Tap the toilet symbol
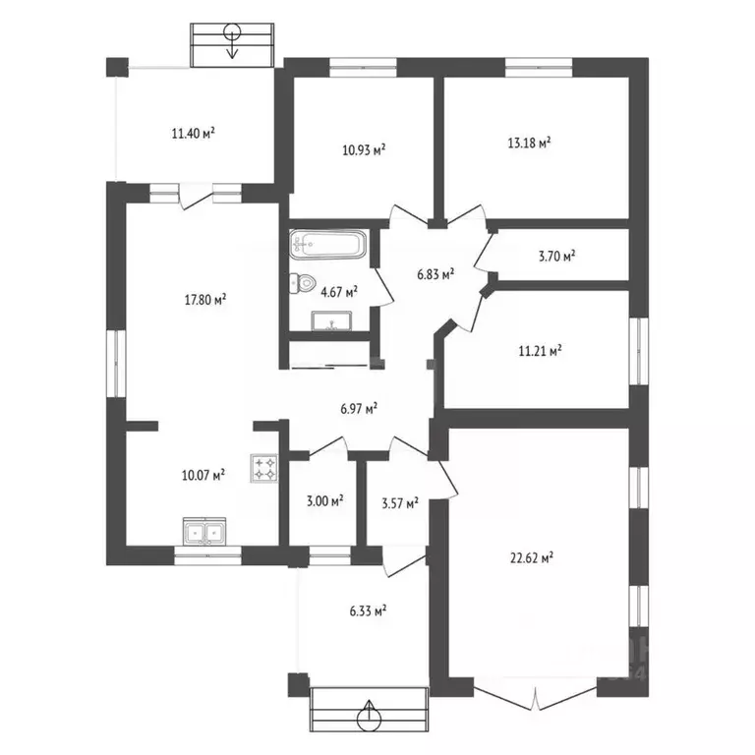pos(302,283)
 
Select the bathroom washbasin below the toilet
pos(331,320)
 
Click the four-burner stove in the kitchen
pos(264,469)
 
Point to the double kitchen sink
pos(204,532)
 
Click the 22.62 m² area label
pos(532,558)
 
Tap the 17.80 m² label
pos(205,300)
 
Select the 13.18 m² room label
pos(530,143)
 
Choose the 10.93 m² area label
pos(364,150)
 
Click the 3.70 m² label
pos(557,257)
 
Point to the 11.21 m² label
pos(541,351)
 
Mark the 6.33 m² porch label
pos(369,611)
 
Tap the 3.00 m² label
pos(325,501)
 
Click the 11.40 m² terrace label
pos(193,134)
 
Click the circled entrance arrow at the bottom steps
pos(370,715)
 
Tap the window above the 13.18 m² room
pos(539,68)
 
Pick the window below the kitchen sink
pos(207,555)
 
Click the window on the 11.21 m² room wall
pos(639,351)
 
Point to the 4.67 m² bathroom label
pos(339,292)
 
